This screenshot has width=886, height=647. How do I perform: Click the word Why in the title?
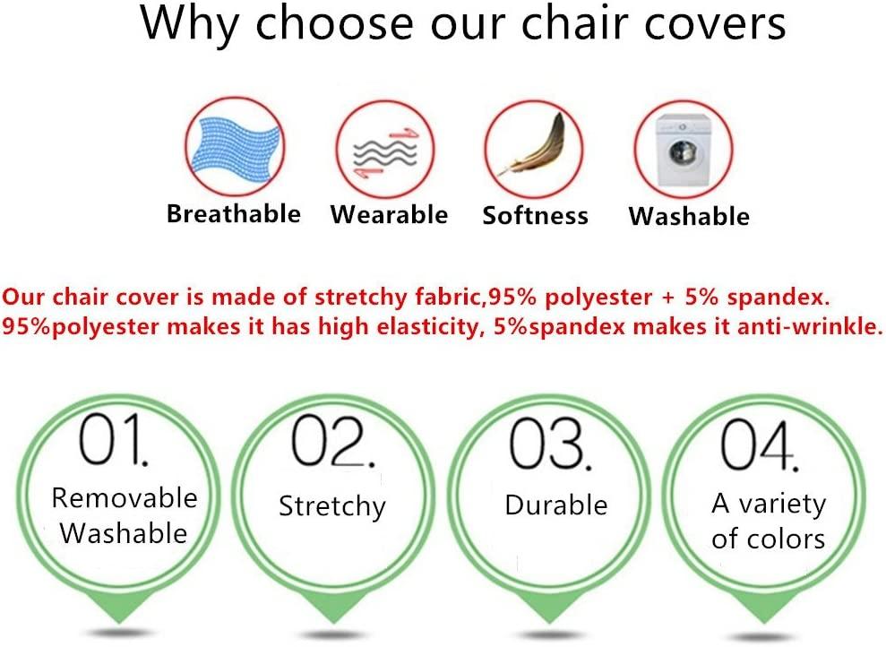click(x=190, y=24)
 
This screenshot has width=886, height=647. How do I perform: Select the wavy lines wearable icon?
click(x=385, y=152)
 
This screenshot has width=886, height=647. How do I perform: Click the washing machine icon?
click(x=683, y=150)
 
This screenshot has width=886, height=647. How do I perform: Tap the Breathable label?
click(x=233, y=213)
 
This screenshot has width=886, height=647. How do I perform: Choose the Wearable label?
click(x=390, y=215)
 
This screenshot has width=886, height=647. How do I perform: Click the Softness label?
click(x=535, y=215)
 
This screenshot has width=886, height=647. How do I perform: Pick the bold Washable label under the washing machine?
click(x=689, y=216)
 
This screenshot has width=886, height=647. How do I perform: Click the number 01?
click(x=113, y=438)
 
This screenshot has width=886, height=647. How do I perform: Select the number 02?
click(x=332, y=441)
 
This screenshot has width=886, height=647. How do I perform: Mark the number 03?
click(x=550, y=444)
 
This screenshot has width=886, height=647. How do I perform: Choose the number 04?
click(x=759, y=444)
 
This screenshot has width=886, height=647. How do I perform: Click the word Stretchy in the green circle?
click(x=332, y=506)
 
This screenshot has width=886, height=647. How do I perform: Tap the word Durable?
click(x=556, y=505)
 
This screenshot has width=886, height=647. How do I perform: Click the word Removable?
click(x=125, y=498)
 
